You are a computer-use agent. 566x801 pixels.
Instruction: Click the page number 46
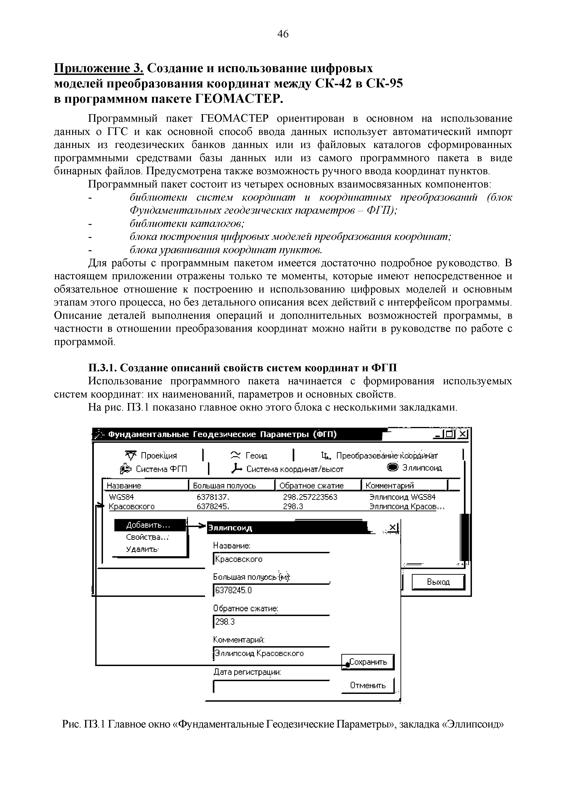[283, 34]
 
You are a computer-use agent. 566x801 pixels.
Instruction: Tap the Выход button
[438, 582]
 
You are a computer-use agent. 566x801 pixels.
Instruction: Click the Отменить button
[368, 685]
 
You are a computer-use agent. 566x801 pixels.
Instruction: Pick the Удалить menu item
[142, 549]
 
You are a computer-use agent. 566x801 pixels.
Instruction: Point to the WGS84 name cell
[121, 497]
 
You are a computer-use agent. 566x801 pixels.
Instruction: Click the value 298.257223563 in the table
[310, 497]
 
